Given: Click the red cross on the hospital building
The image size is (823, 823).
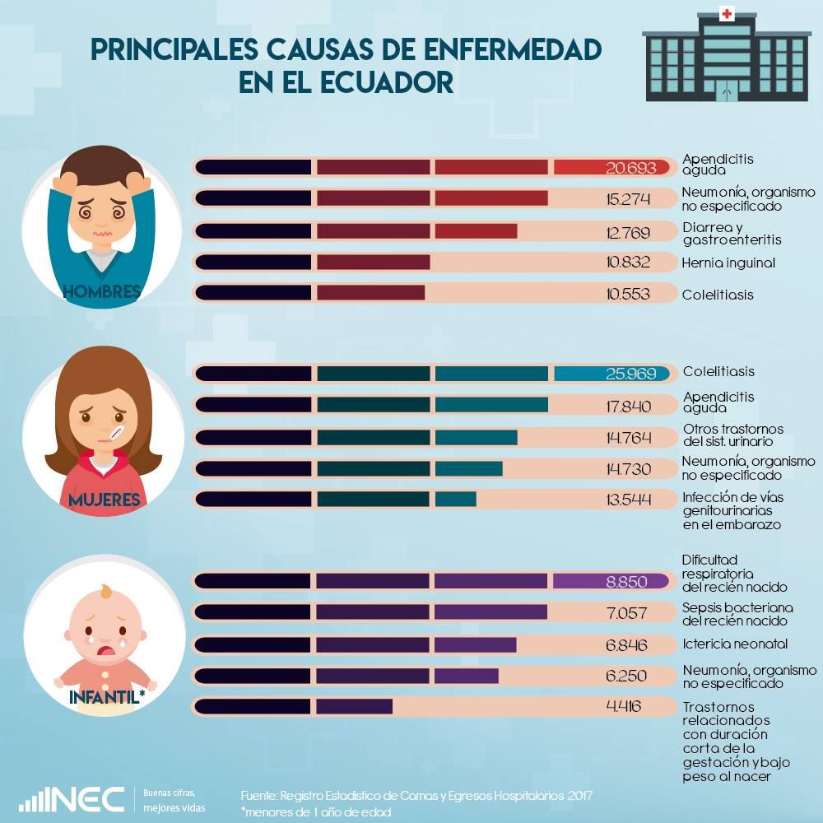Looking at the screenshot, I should tap(726, 14).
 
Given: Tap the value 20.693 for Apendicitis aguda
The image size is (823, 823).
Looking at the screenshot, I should tap(630, 168).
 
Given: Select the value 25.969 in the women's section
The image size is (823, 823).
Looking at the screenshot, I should tap(630, 374).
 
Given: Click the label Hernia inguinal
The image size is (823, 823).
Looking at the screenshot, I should tap(729, 263).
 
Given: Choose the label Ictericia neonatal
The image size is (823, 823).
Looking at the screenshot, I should tap(735, 644).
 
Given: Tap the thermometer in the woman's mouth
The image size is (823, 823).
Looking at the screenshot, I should tap(110, 433).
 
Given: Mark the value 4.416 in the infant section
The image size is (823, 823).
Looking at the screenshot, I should tap(623, 706).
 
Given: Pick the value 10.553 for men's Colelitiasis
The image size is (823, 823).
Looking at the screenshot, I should tap(628, 294).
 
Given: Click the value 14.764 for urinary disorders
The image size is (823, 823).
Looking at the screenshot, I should tap(628, 437).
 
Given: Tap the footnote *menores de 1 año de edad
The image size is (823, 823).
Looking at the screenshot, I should tap(316, 811).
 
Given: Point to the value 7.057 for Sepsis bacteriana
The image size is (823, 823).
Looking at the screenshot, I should tap(627, 612).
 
